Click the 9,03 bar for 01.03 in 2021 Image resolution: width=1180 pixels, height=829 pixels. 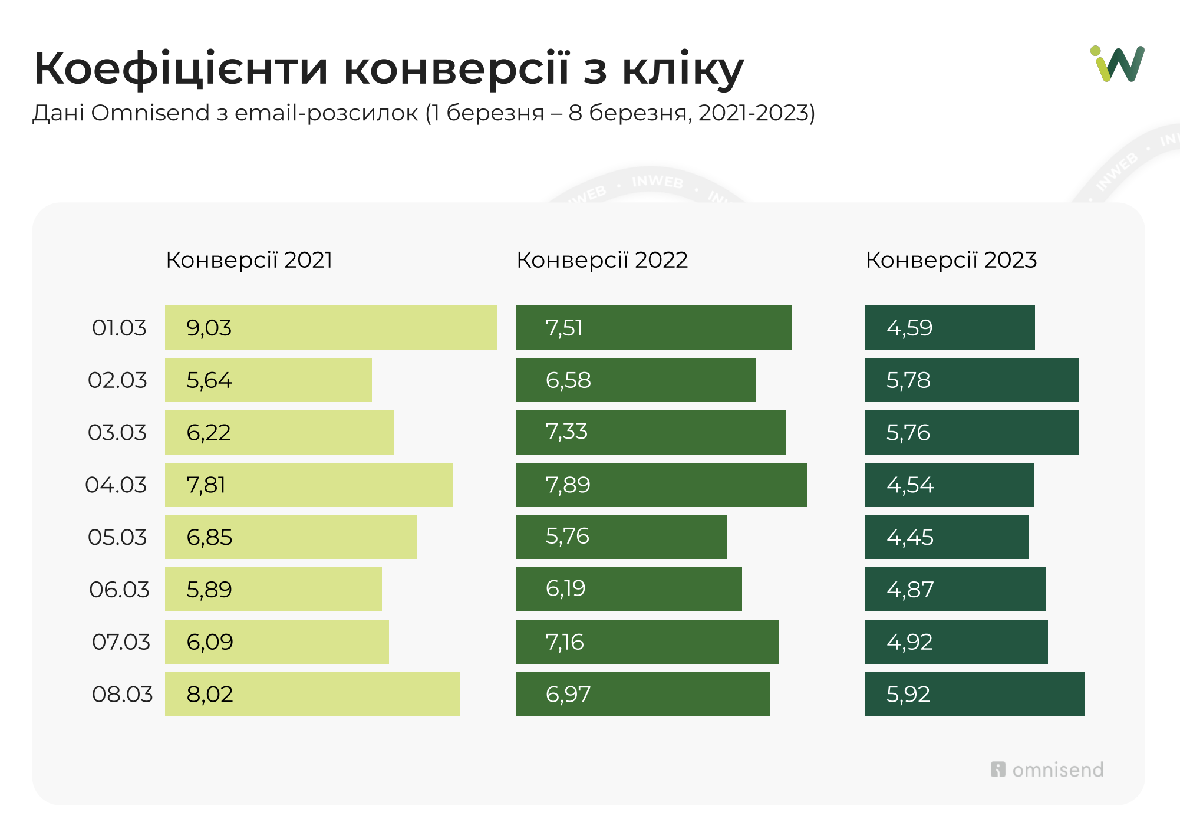[x=331, y=327]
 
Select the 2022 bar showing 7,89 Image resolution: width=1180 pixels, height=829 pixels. [x=661, y=485]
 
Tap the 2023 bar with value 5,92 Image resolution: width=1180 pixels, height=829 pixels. [x=974, y=694]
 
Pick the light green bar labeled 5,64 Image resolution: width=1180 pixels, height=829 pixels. [x=268, y=380]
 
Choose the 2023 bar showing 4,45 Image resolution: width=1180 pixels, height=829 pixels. [x=947, y=537]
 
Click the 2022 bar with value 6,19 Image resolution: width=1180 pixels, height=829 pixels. [x=628, y=589]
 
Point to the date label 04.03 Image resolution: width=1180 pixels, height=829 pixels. [x=116, y=485]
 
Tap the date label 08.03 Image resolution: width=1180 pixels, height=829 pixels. [x=122, y=694]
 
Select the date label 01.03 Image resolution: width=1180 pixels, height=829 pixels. [x=119, y=327]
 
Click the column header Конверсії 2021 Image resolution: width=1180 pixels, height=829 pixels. [x=249, y=260]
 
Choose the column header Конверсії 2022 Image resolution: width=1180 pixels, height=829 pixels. [x=602, y=260]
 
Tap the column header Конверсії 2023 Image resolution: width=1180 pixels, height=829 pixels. [x=951, y=260]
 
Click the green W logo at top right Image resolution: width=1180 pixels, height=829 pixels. [x=1117, y=64]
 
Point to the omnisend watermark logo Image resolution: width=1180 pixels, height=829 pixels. [x=1047, y=769]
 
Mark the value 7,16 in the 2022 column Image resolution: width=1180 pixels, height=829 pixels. [x=565, y=642]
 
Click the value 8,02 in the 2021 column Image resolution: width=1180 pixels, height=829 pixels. [x=210, y=694]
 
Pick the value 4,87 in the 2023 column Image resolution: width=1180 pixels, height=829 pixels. [x=910, y=589]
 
